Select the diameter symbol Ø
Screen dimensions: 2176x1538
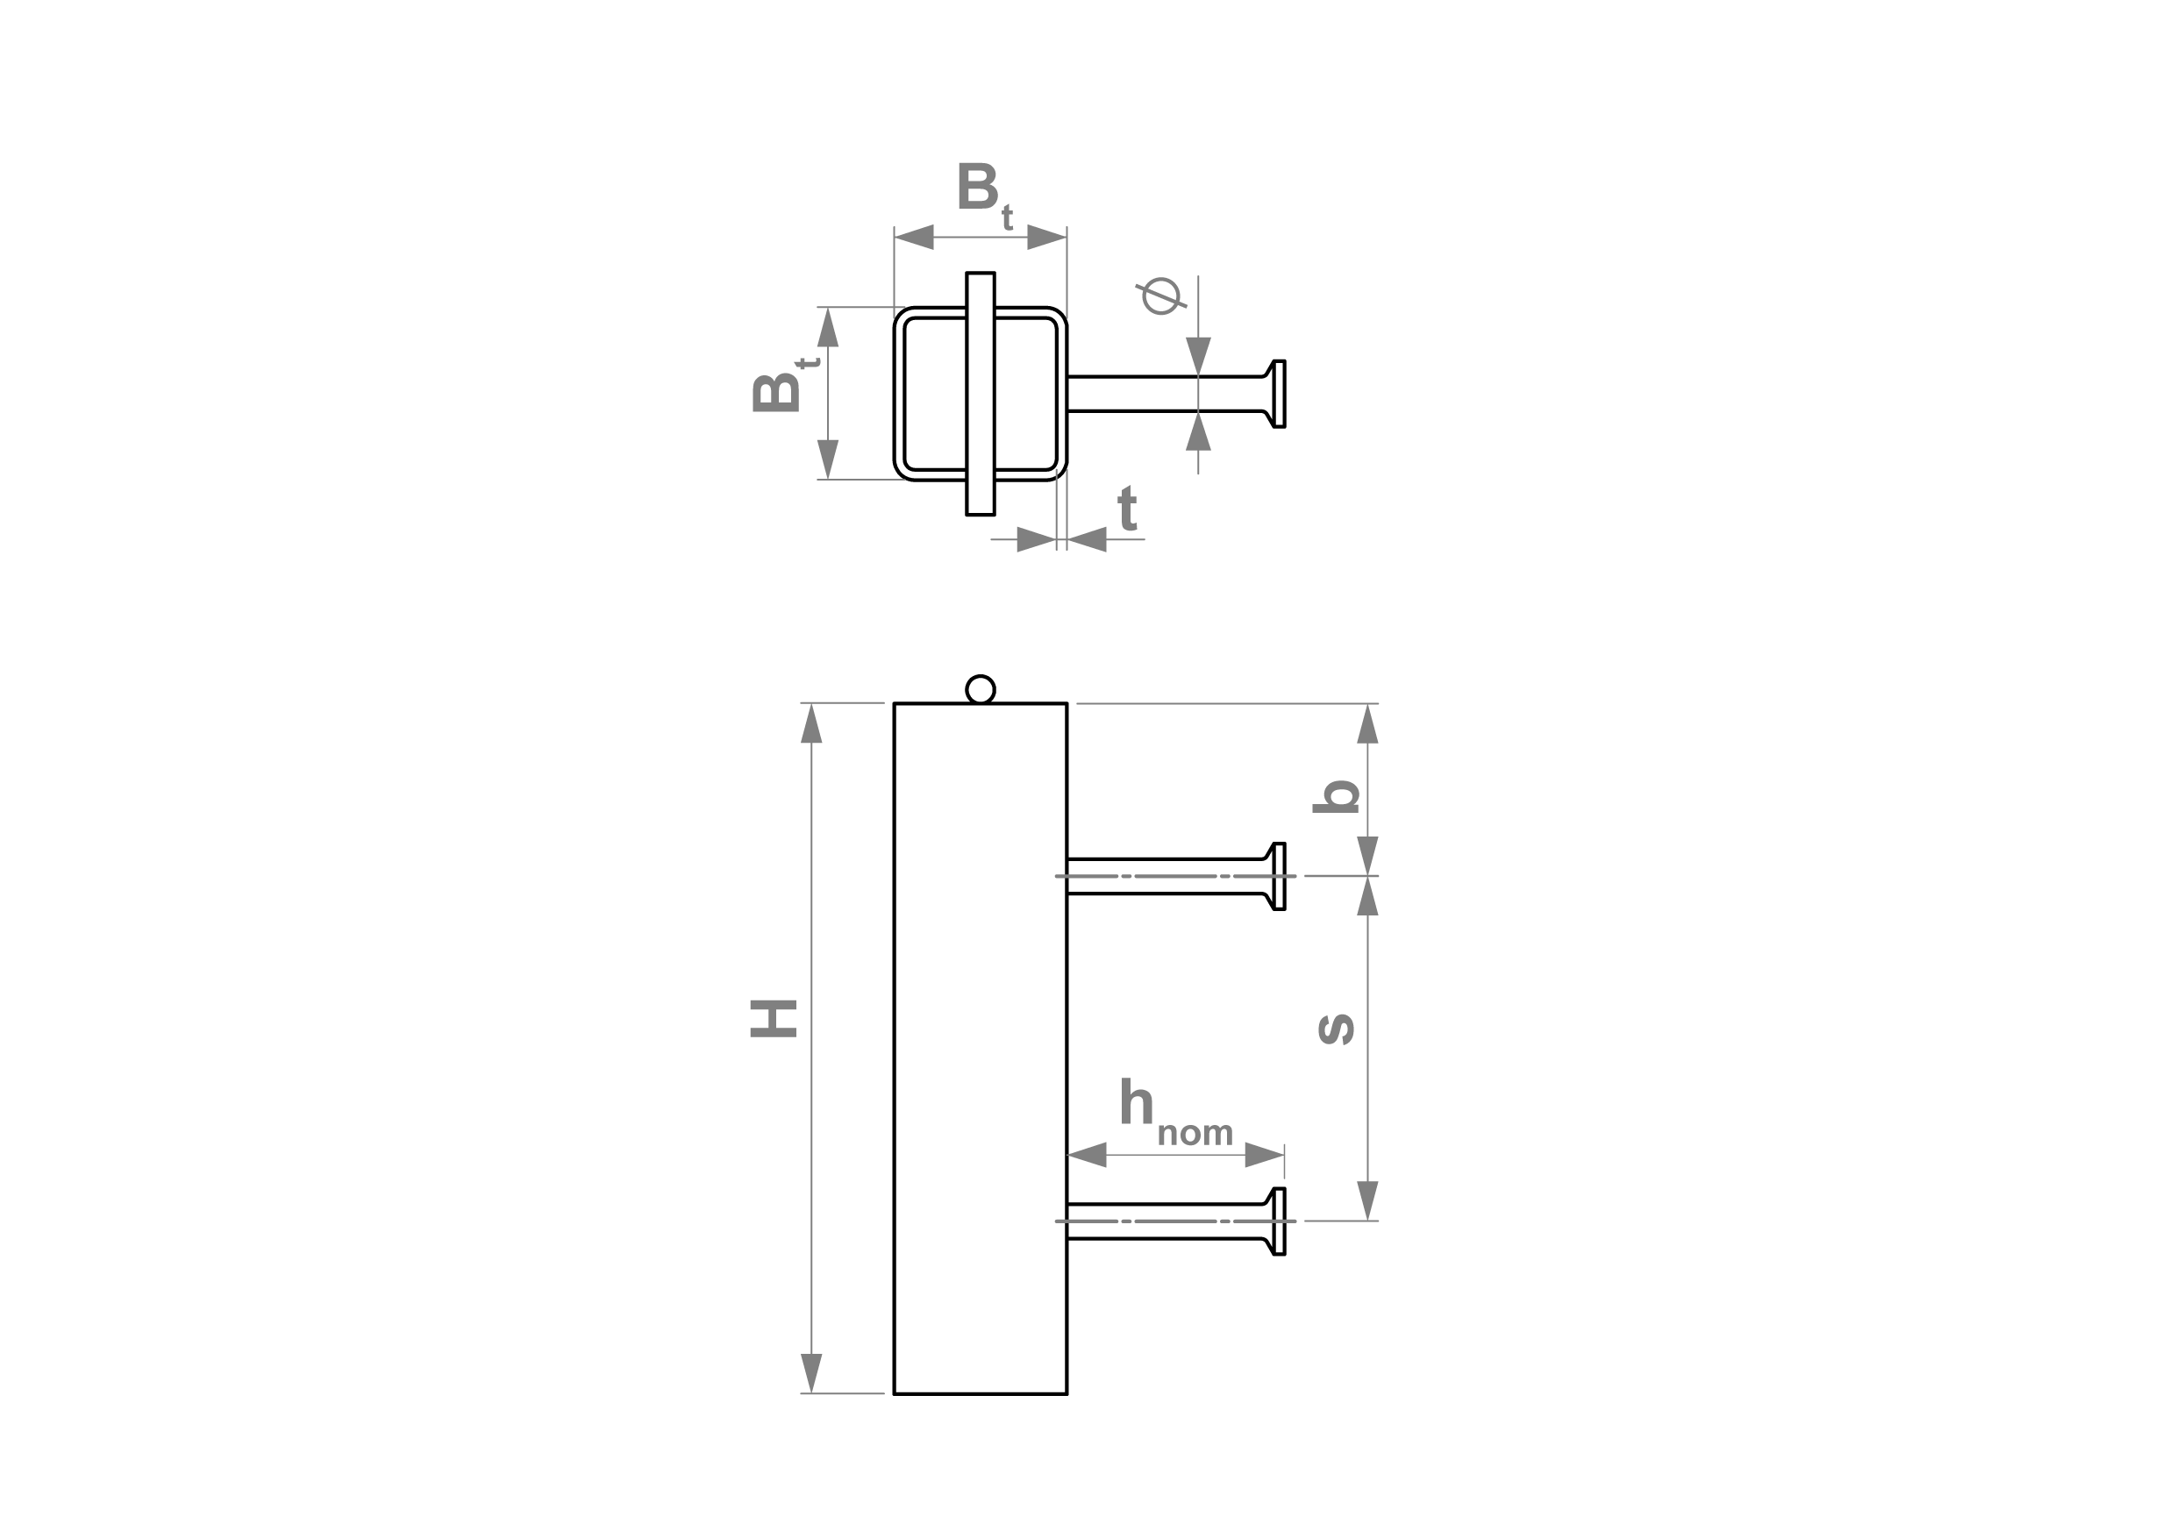[x=1161, y=295]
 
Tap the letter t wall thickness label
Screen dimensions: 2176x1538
[x=1127, y=509]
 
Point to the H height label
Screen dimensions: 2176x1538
[x=774, y=1019]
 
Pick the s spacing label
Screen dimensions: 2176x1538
[x=1337, y=1029]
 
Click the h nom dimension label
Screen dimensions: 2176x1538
[x=1175, y=1114]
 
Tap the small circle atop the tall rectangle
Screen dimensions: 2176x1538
[x=980, y=689]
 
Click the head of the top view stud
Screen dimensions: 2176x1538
[x=1275, y=393]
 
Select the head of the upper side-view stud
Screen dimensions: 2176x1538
[x=1275, y=877]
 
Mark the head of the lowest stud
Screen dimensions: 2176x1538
[x=1275, y=1221]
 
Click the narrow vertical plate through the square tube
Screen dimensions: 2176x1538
[x=980, y=393]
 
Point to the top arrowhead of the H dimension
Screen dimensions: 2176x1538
[x=811, y=723]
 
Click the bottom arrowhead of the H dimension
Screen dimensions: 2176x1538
[x=811, y=1373]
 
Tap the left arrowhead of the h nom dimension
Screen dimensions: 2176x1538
[x=1087, y=1154]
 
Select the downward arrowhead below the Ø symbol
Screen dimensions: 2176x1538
[x=1199, y=356]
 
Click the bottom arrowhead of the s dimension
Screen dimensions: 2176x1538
[x=1366, y=1200]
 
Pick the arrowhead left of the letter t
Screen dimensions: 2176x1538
[x=1037, y=539]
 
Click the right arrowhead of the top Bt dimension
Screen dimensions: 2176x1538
[x=1047, y=237]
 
